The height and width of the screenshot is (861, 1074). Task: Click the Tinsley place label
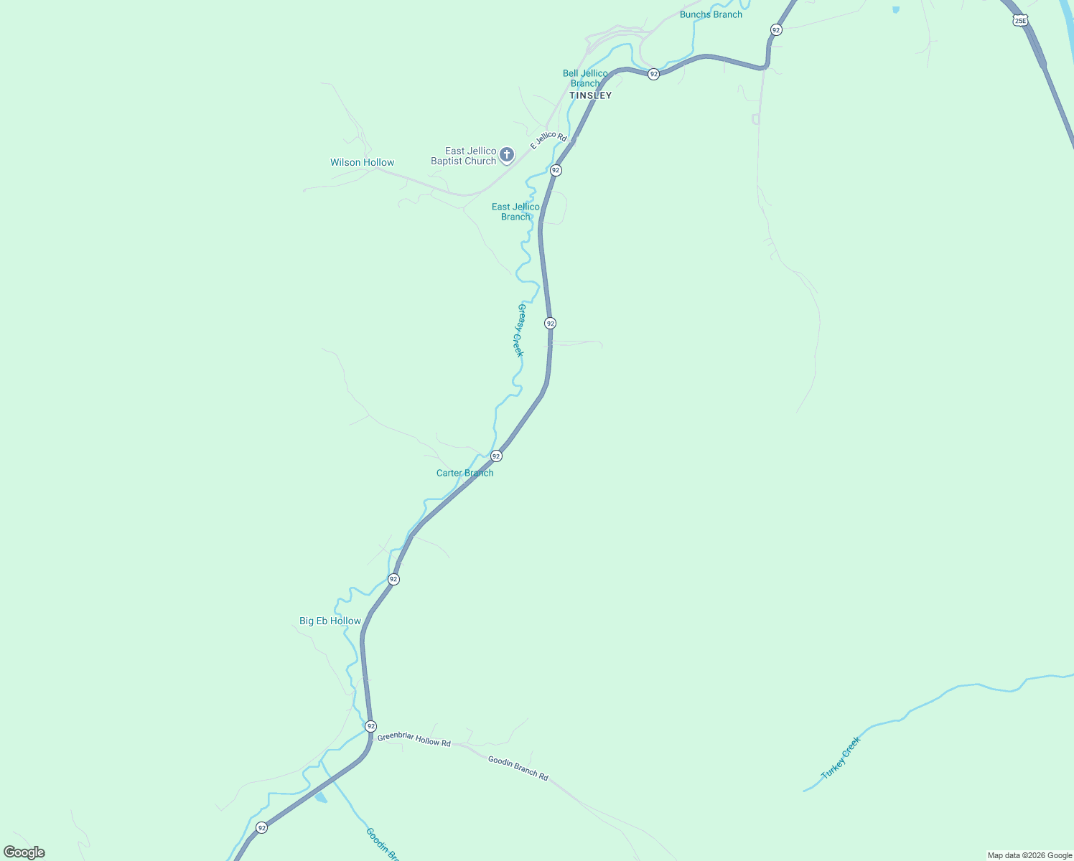pyautogui.click(x=590, y=95)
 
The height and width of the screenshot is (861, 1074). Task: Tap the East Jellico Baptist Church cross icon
pyautogui.click(x=507, y=155)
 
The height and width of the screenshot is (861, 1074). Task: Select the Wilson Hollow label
pyautogui.click(x=362, y=162)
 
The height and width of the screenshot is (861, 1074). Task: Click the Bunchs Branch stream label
pyautogui.click(x=711, y=14)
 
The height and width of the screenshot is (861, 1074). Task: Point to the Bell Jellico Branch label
pyautogui.click(x=585, y=78)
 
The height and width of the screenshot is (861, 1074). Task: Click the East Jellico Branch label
pyautogui.click(x=515, y=212)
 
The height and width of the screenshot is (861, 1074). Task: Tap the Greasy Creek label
pyautogui.click(x=520, y=330)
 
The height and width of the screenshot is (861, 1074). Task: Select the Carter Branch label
pyautogui.click(x=464, y=473)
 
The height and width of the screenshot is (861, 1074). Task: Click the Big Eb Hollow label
pyautogui.click(x=330, y=621)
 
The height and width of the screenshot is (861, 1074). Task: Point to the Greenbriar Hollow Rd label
pyautogui.click(x=414, y=740)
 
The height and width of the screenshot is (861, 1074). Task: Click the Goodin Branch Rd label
pyautogui.click(x=518, y=768)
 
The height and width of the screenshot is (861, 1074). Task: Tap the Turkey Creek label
pyautogui.click(x=841, y=758)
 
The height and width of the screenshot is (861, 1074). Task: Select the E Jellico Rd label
pyautogui.click(x=548, y=140)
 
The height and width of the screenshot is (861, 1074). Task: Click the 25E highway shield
pyautogui.click(x=1020, y=21)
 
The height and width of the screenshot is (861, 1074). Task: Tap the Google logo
pyautogui.click(x=24, y=852)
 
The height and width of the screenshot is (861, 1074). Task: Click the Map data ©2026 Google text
pyautogui.click(x=1029, y=855)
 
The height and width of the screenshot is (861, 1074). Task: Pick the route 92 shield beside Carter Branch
pyautogui.click(x=496, y=456)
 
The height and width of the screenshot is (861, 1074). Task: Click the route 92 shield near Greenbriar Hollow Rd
pyautogui.click(x=370, y=726)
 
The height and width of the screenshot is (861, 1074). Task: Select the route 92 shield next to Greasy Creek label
pyautogui.click(x=550, y=324)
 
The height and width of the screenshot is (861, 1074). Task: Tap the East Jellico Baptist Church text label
pyautogui.click(x=463, y=156)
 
